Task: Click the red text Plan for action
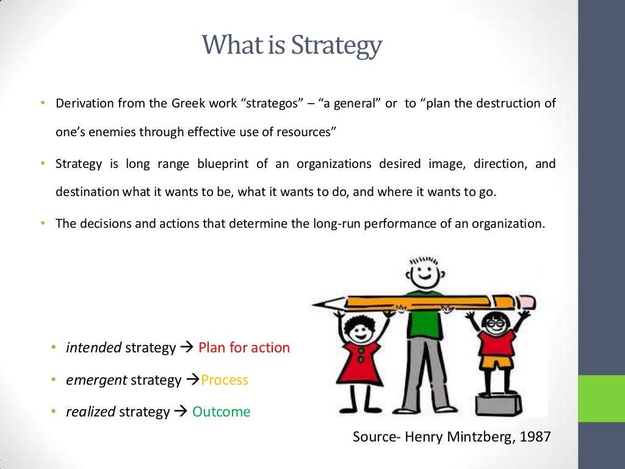point(244,347)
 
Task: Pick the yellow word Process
point(225,380)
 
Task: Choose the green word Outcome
point(221,412)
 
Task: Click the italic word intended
point(93,347)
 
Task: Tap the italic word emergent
point(96,380)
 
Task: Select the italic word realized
point(90,412)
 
